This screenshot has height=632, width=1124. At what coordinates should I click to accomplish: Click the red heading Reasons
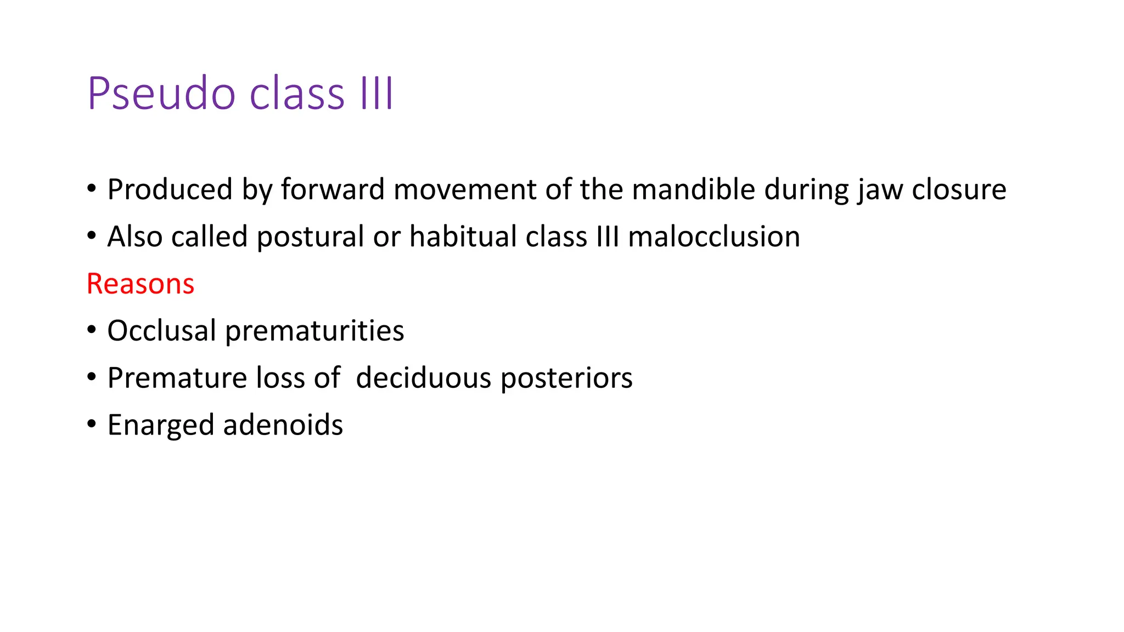[140, 284]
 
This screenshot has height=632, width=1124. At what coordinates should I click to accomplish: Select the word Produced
[170, 190]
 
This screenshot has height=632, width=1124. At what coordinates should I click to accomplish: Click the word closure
[959, 190]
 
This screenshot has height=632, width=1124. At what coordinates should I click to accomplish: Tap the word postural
[311, 237]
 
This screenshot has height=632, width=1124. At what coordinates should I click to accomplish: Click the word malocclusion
[713, 237]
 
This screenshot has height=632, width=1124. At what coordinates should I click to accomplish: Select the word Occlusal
[161, 331]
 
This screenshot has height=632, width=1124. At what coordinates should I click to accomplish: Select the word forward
[333, 190]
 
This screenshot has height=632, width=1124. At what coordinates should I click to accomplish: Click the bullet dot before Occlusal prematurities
[92, 330]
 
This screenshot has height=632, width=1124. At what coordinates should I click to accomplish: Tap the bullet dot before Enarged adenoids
[92, 424]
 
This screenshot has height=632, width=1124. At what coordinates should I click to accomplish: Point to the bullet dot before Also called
[92, 236]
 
